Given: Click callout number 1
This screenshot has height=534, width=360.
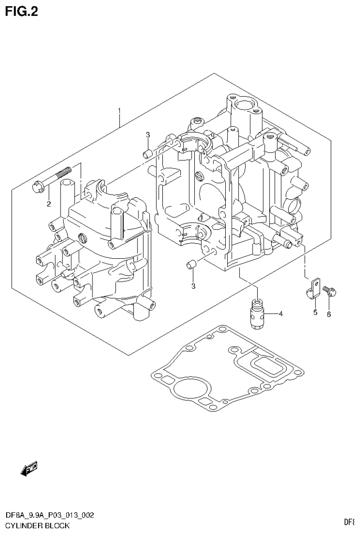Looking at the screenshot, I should [x=119, y=111].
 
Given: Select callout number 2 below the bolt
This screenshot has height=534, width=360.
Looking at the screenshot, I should [x=48, y=203].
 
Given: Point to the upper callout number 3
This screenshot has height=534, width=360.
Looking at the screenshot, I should [x=147, y=135].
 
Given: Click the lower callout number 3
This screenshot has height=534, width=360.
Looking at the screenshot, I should [x=193, y=286].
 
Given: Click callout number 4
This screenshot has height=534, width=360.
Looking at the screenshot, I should [x=280, y=313].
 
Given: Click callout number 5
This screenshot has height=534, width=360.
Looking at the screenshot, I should [x=315, y=312].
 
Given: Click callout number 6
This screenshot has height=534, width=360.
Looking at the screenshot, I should [x=329, y=314].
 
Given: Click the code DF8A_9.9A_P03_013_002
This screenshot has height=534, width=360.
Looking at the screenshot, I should [x=49, y=515].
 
